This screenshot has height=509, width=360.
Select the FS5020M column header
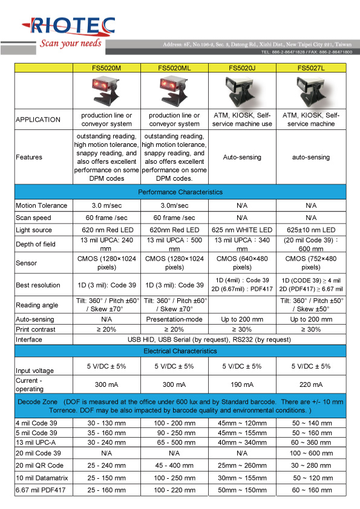(106, 68)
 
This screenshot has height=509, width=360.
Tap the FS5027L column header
(310, 68)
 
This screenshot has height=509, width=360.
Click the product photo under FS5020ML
(174, 91)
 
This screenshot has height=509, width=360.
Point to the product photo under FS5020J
(242, 91)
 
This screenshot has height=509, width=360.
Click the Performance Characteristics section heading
(180, 192)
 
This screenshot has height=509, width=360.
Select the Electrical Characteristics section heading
(180, 350)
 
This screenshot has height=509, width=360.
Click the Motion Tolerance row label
(41, 206)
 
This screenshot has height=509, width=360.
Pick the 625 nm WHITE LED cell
(242, 230)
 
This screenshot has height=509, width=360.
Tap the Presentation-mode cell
(174, 319)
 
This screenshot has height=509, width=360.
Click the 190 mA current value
(242, 384)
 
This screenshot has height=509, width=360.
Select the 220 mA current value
(310, 384)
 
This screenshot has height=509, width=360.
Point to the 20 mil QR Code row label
(39, 465)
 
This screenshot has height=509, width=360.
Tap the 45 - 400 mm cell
(174, 465)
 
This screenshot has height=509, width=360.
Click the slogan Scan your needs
(70, 44)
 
